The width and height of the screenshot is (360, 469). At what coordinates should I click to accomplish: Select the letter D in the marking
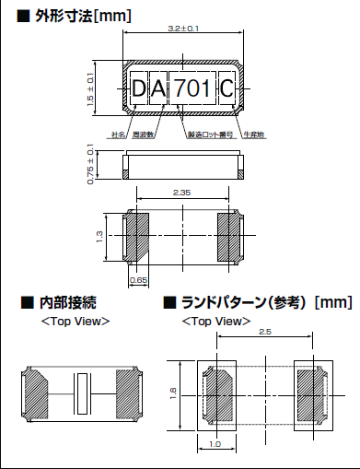(140, 89)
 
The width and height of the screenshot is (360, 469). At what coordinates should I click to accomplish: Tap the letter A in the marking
(159, 89)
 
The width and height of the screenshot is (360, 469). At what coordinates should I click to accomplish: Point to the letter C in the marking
(227, 89)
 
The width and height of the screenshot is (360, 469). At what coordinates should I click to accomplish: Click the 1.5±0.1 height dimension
(89, 89)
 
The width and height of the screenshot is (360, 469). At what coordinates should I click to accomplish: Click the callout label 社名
(118, 135)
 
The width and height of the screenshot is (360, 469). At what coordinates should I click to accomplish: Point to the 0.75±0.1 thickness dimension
(89, 165)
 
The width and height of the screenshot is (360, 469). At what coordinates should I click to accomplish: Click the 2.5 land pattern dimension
(265, 331)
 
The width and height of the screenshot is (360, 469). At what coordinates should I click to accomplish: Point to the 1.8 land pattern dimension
(173, 394)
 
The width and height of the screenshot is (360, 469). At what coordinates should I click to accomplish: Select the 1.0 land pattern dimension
(215, 445)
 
